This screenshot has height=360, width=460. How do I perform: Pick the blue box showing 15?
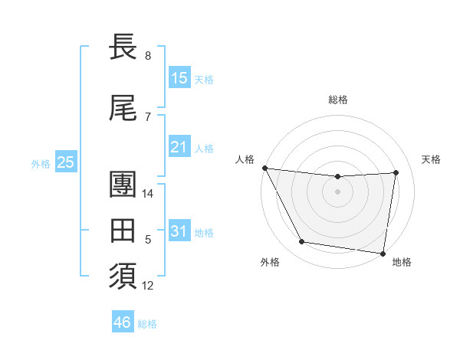coord(179,78)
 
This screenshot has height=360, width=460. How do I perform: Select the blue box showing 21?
coord(179,147)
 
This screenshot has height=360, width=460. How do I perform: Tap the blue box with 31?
coord(179,232)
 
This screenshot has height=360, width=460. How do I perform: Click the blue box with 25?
coord(65,162)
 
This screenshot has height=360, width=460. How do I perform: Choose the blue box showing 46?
coord(123,322)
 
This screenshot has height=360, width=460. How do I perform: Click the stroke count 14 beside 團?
coord(149,194)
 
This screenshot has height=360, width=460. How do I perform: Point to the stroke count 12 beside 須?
coord(149,286)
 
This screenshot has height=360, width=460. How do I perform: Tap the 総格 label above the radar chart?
coord(337,100)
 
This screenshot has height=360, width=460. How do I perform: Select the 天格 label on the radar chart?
coord(432,159)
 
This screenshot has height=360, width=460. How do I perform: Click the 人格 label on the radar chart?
coord(245,159)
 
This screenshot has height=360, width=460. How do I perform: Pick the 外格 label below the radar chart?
coord(270,262)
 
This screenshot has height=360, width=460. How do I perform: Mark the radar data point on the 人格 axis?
coord(264,168)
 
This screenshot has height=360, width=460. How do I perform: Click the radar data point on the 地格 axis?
coord(383,253)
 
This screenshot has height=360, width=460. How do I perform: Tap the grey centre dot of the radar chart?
coord(337,191)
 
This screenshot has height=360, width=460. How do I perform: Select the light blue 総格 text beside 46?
coord(147,324)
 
